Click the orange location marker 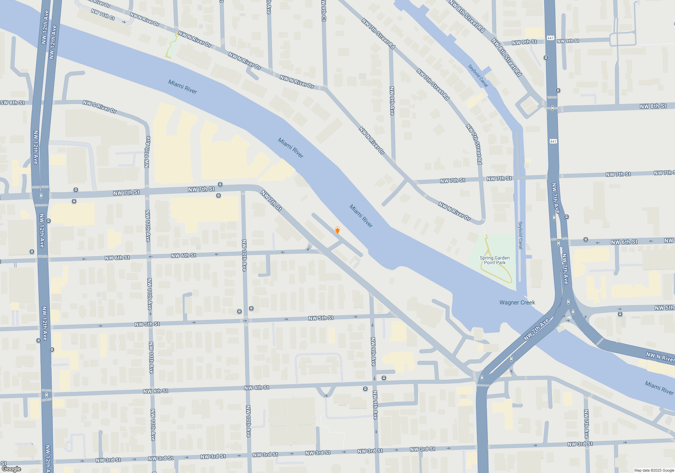pos(337,231)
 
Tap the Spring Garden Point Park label pos(494,260)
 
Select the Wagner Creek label pos(517,302)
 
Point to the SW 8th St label pos(12,103)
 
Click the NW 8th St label pos(653,106)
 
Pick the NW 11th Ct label pos(103,14)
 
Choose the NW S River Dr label pos(100,106)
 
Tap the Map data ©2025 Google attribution pos(654,470)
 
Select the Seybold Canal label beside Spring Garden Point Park pos(520,235)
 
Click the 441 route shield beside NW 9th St pos(550,38)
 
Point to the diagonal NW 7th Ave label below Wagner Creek pos(536,330)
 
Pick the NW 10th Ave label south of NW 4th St pos(248,421)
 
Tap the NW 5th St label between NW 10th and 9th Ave pos(321,318)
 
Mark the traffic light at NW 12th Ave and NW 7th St pos(41,196)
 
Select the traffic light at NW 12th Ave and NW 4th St pos(46,395)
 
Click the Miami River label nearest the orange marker pos(361,216)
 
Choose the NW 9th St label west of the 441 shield pos(524,42)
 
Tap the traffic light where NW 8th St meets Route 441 pos(552,108)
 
